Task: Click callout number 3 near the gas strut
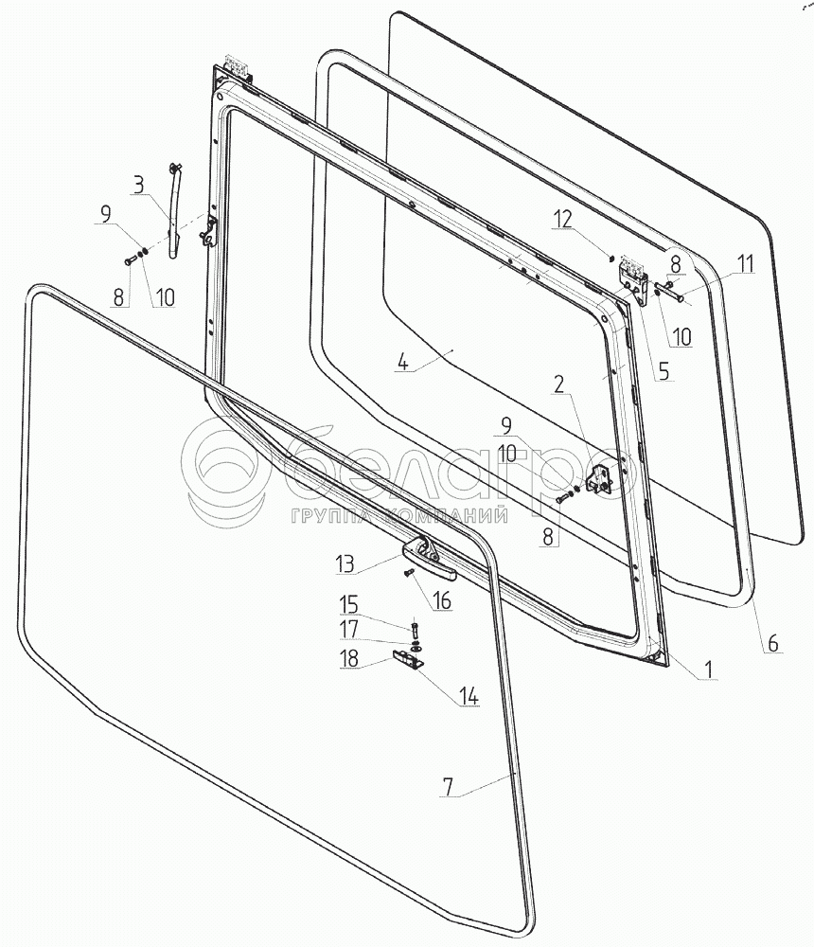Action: click(x=140, y=184)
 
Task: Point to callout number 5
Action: click(x=662, y=371)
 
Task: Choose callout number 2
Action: click(x=559, y=384)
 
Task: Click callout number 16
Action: click(x=443, y=599)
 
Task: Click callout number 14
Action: click(x=469, y=698)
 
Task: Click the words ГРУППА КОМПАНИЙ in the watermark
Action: click(x=401, y=517)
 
